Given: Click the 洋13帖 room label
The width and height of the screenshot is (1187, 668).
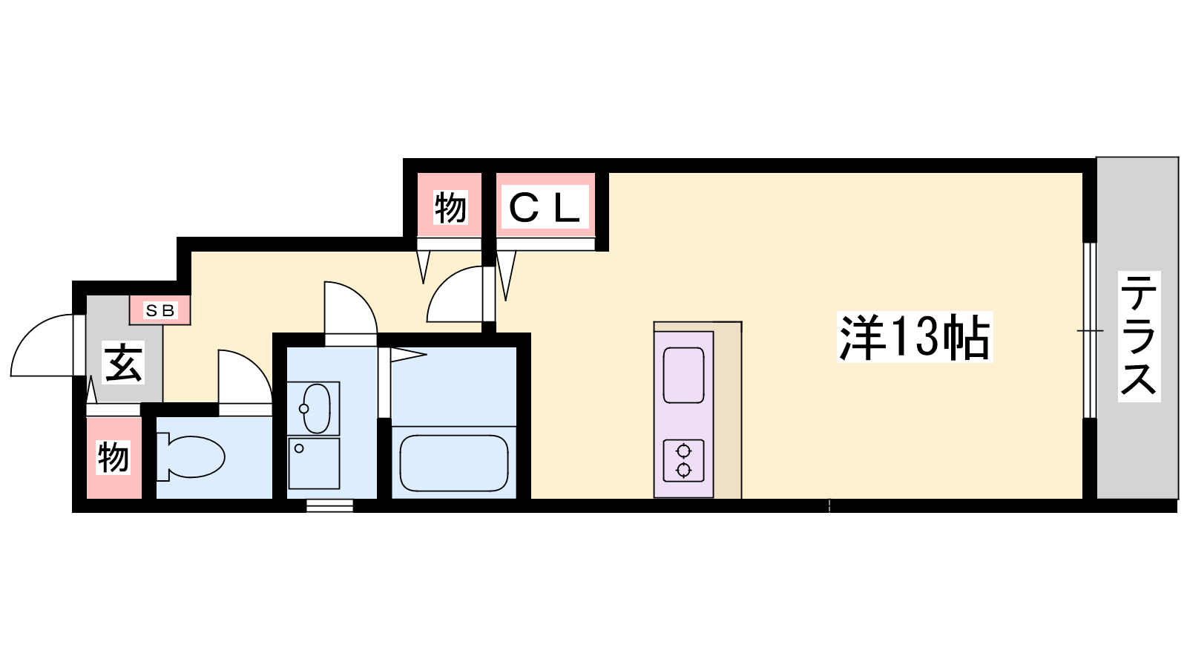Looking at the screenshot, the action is [914, 337].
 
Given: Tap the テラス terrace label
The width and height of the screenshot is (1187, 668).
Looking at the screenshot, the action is [1139, 336].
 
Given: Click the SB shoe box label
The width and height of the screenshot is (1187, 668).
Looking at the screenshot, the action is [160, 311].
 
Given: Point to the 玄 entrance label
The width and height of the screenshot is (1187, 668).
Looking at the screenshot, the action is [123, 363].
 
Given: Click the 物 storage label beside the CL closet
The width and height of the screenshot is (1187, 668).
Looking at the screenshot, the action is [450, 207].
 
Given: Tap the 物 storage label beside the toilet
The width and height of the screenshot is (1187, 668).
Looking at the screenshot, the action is [114, 457].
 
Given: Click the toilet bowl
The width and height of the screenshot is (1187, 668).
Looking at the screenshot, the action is [191, 457].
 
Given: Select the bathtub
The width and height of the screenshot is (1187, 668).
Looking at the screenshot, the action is [453, 463].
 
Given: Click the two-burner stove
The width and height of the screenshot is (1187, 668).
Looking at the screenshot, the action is [683, 460].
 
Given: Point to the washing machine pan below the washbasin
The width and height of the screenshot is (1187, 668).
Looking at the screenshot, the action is [314, 463].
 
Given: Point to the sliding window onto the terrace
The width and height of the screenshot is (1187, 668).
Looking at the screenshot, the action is [1090, 330].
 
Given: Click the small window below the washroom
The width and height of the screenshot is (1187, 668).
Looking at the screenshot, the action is [329, 505].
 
